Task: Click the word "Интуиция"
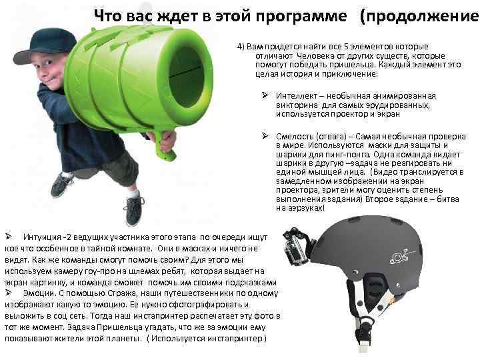tap(41, 237)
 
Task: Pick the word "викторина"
tap(295, 105)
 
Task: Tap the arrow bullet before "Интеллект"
tap(265, 95)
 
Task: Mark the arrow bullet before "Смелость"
tap(265, 136)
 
